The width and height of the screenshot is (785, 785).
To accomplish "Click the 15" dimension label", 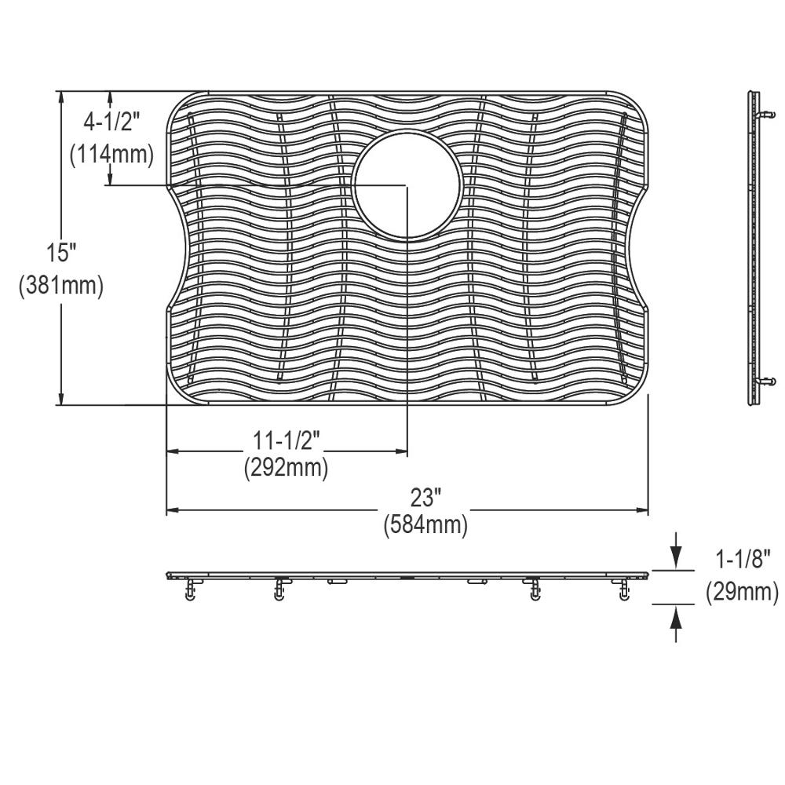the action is coord(61,252).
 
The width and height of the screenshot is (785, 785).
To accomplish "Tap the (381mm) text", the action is coord(61,286).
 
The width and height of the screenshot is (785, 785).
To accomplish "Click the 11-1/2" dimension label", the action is coord(286,440).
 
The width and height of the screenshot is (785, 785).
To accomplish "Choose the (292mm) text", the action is coord(286,468).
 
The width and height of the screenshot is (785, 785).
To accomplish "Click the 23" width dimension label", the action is coord(425,498).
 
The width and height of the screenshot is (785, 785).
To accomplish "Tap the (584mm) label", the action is coord(425,525).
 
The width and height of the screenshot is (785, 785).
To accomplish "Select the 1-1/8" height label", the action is coord(742,559).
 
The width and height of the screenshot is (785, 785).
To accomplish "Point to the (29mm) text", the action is coord(742,592).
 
